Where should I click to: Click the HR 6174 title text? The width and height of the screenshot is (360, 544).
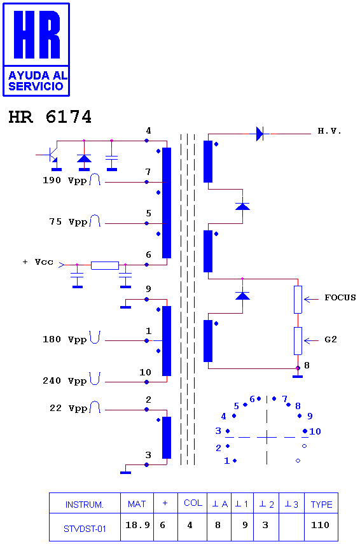tap(50, 117)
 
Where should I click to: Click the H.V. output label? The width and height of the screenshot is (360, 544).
tap(329, 131)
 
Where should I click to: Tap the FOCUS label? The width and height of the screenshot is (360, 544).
tap(340, 298)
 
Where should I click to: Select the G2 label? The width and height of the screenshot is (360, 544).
tap(331, 339)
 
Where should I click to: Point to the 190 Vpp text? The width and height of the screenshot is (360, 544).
tap(64, 181)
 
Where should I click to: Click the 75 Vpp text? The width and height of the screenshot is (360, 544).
tap(67, 221)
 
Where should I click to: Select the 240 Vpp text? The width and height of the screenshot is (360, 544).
tap(64, 381)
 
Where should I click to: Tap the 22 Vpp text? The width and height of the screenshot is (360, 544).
tap(68, 408)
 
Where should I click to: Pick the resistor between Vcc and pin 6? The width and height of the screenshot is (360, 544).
tap(105, 265)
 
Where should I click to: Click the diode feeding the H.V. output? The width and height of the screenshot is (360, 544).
tap(260, 134)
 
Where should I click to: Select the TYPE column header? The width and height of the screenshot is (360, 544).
tap(321, 505)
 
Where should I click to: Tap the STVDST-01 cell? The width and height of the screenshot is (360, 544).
tap(85, 527)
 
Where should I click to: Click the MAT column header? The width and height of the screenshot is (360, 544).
tap(137, 504)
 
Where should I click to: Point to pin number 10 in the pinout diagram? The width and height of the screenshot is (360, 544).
tap(315, 431)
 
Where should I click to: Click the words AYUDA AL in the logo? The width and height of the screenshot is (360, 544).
tap(38, 75)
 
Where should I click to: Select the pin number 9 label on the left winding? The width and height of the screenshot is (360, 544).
tap(148, 289)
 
